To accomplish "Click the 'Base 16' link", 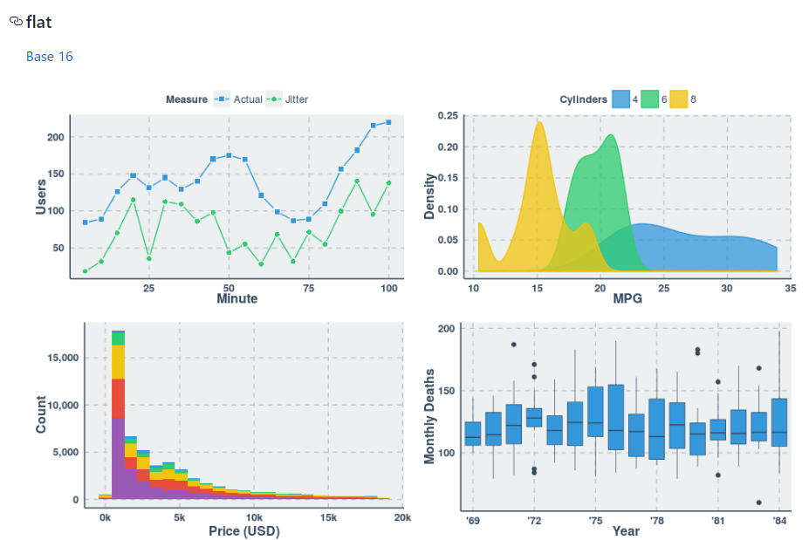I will [x=49, y=57].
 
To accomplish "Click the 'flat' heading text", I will [x=38, y=22].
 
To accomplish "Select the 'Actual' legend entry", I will [x=247, y=99].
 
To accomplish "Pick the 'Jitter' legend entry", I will [x=296, y=99].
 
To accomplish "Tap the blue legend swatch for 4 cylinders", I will [x=621, y=99].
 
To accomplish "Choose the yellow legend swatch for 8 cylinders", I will [x=679, y=99].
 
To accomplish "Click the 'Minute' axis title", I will [x=237, y=298].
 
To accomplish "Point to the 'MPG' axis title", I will [x=627, y=298].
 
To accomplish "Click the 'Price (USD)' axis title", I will [x=243, y=530].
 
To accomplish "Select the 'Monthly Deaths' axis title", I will [x=429, y=416].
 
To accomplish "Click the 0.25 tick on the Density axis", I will [x=446, y=115].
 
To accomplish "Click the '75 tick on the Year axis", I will [x=595, y=521].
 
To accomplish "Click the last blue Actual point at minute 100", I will [x=388, y=122].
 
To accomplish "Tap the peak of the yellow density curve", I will [x=539, y=123].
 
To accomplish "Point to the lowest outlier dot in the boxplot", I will [x=758, y=502].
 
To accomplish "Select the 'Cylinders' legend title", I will [x=583, y=99].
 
